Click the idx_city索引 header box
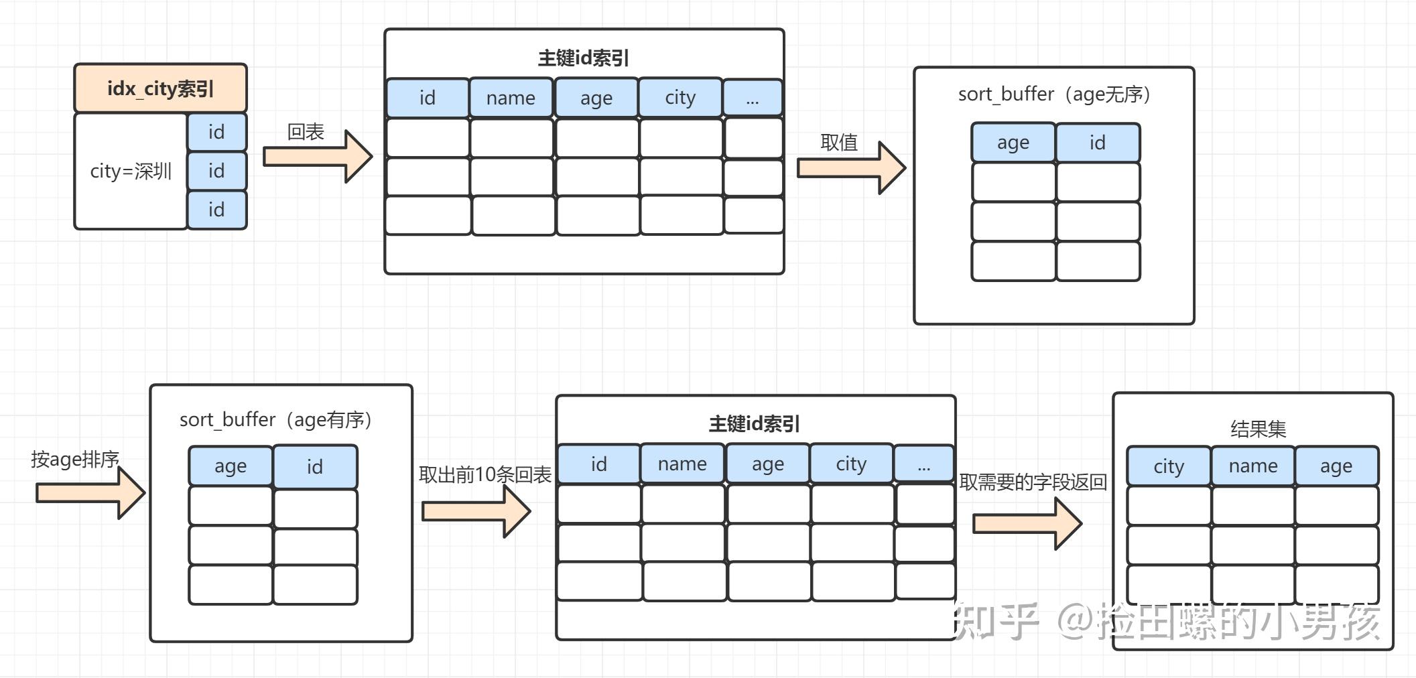pyautogui.click(x=160, y=88)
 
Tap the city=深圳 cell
pyautogui.click(x=131, y=172)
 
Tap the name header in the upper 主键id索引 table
pyautogui.click(x=511, y=98)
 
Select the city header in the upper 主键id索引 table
pyautogui.click(x=680, y=98)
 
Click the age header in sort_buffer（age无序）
pyautogui.click(x=1013, y=143)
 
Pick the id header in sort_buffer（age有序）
pyautogui.click(x=315, y=466)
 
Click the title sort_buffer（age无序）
pyautogui.click(x=1053, y=94)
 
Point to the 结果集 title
pyautogui.click(x=1258, y=429)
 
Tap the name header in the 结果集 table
pyautogui.click(x=1252, y=466)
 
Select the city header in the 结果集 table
pyautogui.click(x=1168, y=466)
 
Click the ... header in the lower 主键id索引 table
pyautogui.click(x=924, y=464)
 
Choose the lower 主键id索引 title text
pyautogui.click(x=754, y=424)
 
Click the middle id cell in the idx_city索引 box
pyautogui.click(x=216, y=171)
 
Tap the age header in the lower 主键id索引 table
pyautogui.click(x=767, y=464)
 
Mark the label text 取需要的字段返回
pyautogui.click(x=1032, y=482)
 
